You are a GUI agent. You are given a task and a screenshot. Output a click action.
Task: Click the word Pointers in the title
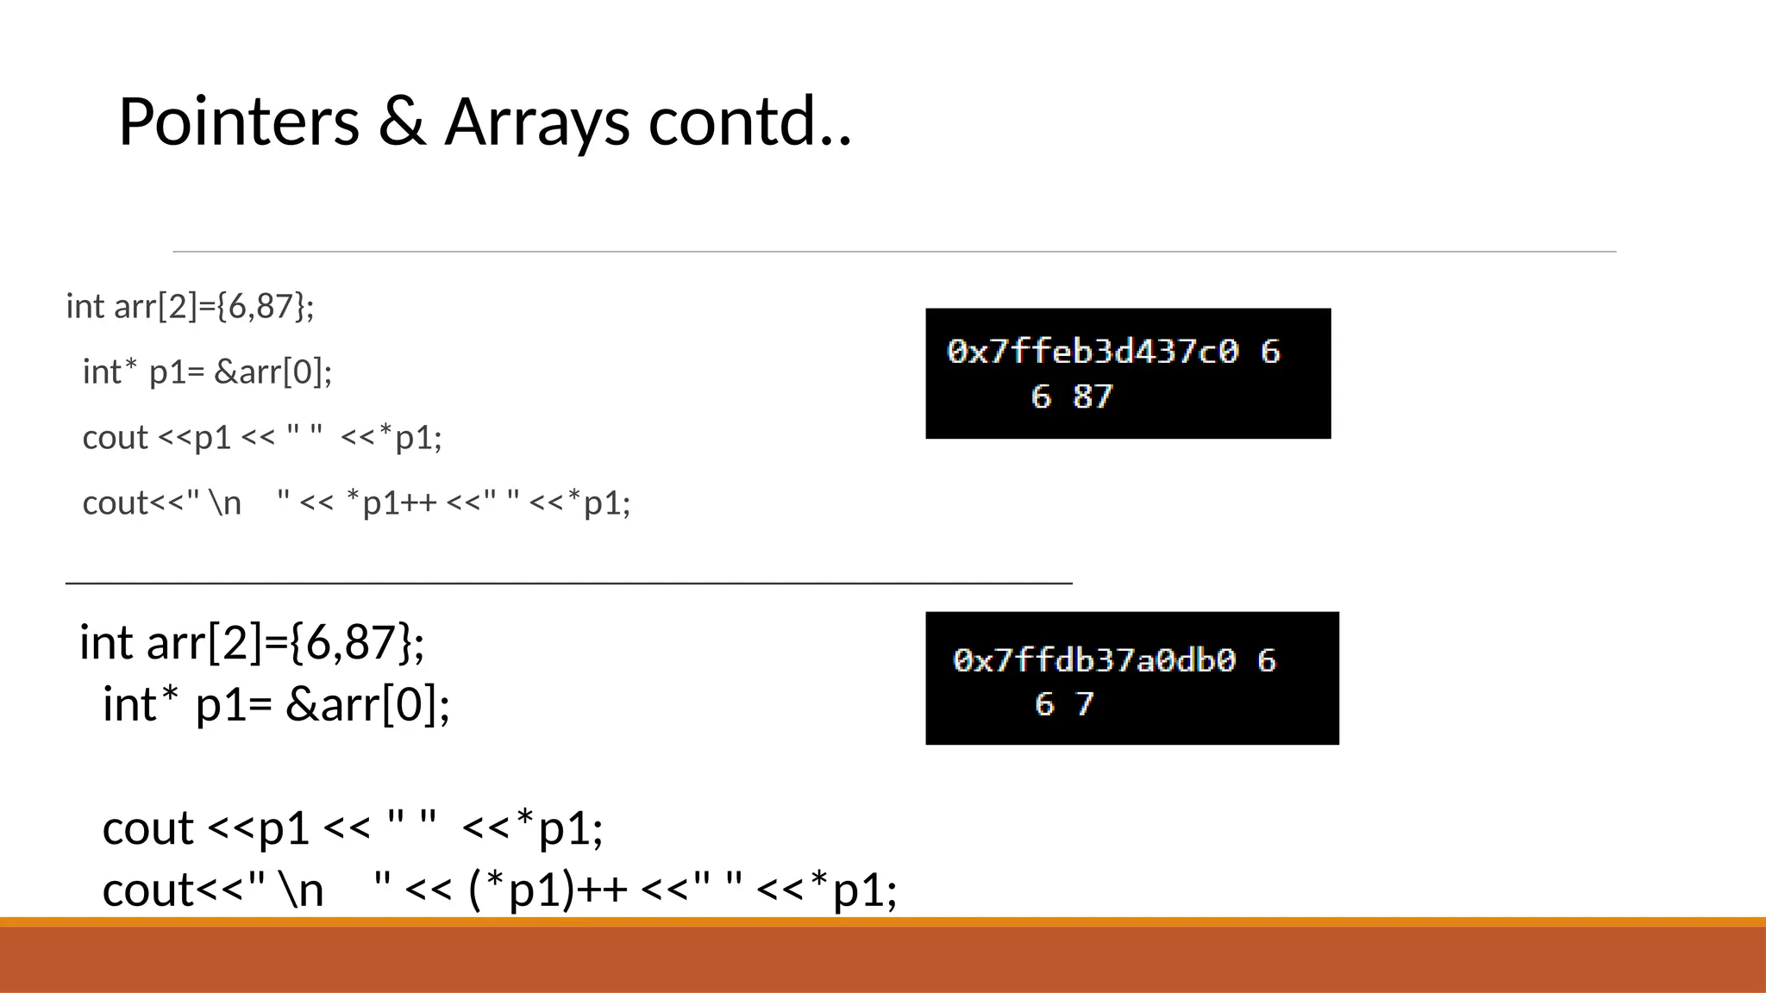(238, 122)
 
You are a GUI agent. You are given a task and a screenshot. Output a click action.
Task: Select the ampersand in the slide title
(402, 122)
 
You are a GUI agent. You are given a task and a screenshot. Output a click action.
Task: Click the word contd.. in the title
(749, 122)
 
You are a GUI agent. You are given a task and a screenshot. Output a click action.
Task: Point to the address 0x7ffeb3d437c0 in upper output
(1093, 352)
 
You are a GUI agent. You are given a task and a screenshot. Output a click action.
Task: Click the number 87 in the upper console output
(1093, 397)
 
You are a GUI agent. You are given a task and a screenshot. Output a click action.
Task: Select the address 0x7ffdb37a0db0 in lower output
(1093, 660)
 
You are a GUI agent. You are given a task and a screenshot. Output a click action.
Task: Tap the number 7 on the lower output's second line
(1085, 704)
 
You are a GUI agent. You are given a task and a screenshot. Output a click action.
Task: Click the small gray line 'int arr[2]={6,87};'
(190, 307)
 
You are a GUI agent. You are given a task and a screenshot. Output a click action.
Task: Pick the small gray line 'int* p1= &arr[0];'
(207, 372)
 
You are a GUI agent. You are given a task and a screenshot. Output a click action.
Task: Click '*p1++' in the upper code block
(391, 503)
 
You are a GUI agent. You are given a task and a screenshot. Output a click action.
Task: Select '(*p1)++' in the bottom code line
(548, 890)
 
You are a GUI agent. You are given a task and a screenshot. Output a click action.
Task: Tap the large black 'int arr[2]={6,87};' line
(252, 642)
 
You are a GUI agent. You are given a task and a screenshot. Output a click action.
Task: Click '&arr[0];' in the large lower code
(367, 704)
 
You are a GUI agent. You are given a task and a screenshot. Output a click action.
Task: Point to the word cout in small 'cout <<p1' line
(116, 438)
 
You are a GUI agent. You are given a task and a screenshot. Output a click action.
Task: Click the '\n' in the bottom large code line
(301, 890)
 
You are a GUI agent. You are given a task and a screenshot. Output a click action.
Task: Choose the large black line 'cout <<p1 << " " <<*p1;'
(353, 828)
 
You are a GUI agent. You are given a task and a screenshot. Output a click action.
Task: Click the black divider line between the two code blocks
(569, 584)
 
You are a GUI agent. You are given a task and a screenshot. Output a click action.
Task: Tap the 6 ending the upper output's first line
(1269, 352)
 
